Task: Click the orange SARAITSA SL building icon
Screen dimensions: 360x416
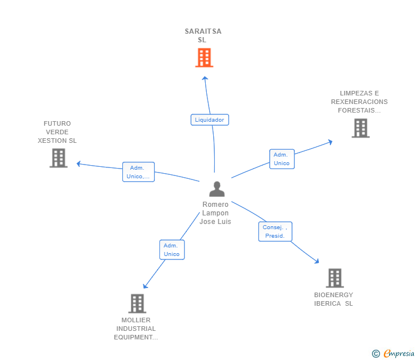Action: coord(204,58)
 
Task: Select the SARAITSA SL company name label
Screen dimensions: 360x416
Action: coord(203,35)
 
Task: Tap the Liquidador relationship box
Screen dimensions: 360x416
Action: coord(210,120)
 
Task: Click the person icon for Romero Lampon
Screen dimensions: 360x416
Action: coord(217,189)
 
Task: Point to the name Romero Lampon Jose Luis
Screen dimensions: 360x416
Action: coord(215,213)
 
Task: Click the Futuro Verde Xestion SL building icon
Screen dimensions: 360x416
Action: coord(58,158)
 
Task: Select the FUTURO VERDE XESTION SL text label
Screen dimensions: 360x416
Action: coord(57,132)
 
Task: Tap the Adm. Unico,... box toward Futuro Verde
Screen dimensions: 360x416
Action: coord(139,172)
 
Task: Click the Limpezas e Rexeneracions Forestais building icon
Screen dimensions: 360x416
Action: coord(361,128)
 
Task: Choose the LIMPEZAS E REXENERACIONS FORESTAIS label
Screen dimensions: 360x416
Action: coord(359,102)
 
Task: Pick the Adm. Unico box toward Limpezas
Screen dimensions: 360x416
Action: coord(282,159)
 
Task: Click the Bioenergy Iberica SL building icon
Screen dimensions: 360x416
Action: coord(334,278)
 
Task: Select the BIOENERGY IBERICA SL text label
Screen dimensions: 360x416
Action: coord(334,299)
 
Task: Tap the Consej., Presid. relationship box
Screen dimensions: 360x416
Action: coord(275,231)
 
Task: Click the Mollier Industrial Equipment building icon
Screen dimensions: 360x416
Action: coord(137,303)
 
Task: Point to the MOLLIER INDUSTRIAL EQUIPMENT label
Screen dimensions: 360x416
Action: coord(136,329)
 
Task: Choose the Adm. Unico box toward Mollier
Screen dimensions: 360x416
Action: coord(171,250)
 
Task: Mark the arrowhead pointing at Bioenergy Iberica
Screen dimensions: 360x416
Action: coord(317,261)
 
